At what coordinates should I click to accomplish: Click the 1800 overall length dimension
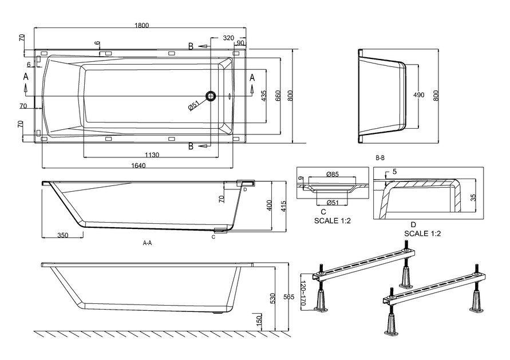pos(141,25)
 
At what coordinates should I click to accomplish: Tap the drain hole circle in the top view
pos(212,96)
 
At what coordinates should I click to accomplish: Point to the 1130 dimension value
pos(152,155)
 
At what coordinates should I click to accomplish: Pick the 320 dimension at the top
pos(228,38)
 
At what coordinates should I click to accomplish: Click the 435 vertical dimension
pos(264,96)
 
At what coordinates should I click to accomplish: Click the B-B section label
pos(380,157)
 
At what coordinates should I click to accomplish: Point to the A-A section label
pos(147,243)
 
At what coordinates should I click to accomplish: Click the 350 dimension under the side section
pos(63,235)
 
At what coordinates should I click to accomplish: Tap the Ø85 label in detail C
pos(333,174)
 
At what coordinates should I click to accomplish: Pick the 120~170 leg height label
pos(303,294)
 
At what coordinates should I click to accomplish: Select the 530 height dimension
pos(274,298)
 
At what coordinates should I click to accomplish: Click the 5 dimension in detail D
pos(395,172)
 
